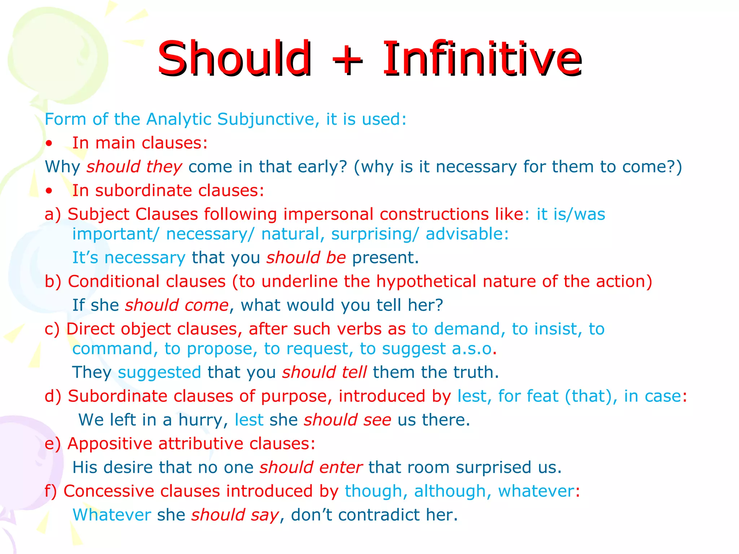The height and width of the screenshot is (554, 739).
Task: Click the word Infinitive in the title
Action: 482,58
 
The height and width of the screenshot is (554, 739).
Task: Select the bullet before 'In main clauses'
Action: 49,144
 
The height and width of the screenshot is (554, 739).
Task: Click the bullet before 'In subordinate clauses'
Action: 49,191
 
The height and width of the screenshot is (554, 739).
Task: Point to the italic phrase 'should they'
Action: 134,167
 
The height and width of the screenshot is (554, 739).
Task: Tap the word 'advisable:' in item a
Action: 467,234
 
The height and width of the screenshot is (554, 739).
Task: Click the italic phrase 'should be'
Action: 306,258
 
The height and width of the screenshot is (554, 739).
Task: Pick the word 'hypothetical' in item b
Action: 426,282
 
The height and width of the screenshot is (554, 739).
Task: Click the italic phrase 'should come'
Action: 177,305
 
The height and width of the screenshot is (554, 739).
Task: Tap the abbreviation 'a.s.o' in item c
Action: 472,349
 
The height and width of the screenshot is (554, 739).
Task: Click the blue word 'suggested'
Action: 159,373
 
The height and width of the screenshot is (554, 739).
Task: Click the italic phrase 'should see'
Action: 347,420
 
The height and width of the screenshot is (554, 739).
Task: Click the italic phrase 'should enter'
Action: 311,467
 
